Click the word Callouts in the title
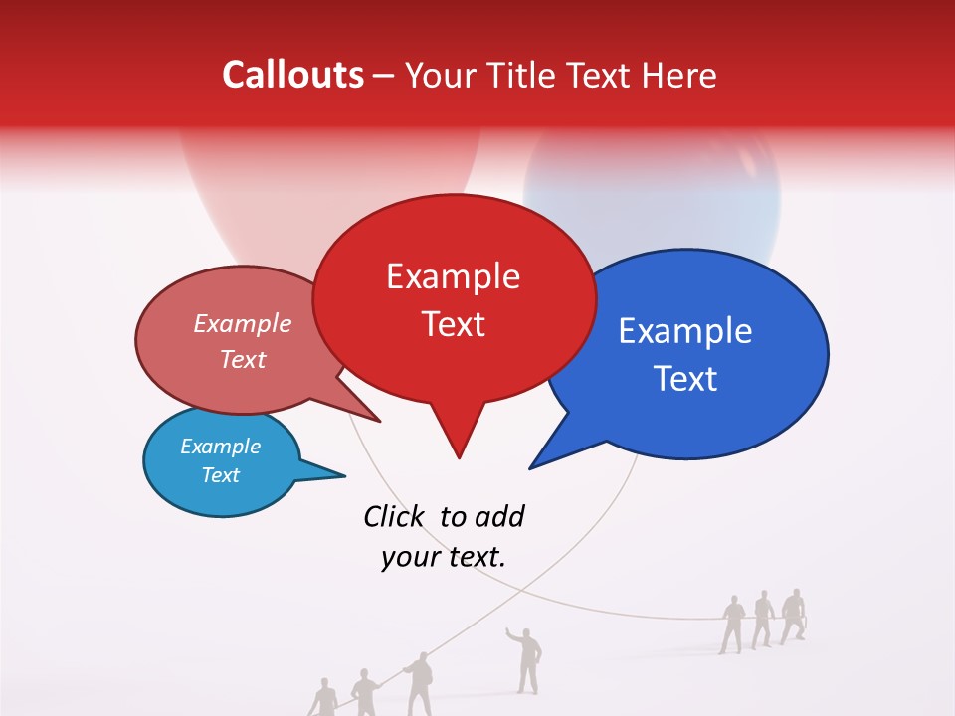292,75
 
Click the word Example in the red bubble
453,276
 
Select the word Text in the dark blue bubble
686,379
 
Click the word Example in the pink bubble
243,324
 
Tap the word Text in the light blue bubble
220,475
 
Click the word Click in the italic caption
394,516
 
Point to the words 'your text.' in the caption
444,557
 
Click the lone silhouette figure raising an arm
528,658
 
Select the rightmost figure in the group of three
792,615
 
